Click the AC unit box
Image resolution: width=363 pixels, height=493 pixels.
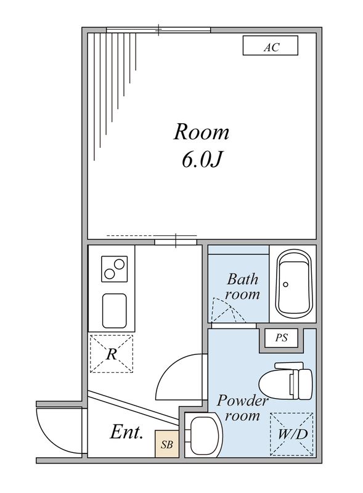pos(270,46)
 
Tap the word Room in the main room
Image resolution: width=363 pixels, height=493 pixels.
pos(202,132)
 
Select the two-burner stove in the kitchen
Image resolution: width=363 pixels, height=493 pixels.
pos(114,269)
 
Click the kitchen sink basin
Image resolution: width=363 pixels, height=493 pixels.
pos(115,311)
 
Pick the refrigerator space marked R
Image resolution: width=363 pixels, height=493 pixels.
pos(112,354)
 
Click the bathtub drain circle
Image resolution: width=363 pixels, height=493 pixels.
pos(285,285)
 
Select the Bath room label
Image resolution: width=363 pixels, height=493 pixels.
pos(243,287)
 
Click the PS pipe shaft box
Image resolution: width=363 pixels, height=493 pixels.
pos(282,338)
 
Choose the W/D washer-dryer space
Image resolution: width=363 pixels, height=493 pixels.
pos(292,434)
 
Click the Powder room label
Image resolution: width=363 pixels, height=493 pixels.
pos(243,408)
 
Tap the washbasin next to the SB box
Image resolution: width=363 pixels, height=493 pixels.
pos(203,434)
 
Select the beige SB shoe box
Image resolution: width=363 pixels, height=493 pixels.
pos(167,444)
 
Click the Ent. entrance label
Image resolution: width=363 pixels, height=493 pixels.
pos(127,432)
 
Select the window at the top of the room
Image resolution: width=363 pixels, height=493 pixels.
pos(158,30)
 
